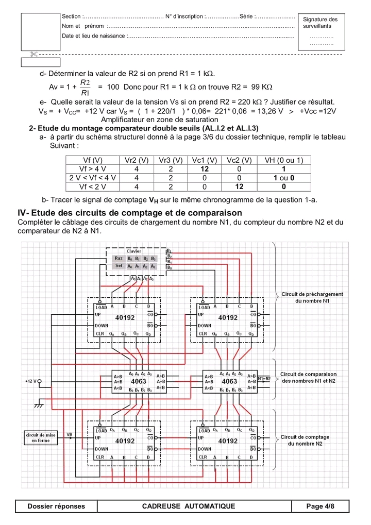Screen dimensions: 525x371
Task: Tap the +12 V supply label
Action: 30,381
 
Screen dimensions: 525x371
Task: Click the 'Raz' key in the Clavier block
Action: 119,258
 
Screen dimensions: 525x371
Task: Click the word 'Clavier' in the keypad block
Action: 133,251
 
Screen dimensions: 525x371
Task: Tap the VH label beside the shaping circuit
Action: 70,434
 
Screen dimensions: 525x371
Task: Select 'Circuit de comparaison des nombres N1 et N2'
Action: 308,378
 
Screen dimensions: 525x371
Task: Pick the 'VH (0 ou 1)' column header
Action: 284,160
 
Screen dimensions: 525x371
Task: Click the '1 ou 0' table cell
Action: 284,178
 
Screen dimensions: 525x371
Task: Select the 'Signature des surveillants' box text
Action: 321,22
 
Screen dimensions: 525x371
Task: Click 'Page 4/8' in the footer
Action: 320,506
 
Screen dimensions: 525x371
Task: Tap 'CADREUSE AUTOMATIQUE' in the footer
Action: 188,506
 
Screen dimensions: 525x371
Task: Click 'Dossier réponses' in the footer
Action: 56,506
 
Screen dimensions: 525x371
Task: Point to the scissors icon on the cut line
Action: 35,54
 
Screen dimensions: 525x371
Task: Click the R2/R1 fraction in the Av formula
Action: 85,87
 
